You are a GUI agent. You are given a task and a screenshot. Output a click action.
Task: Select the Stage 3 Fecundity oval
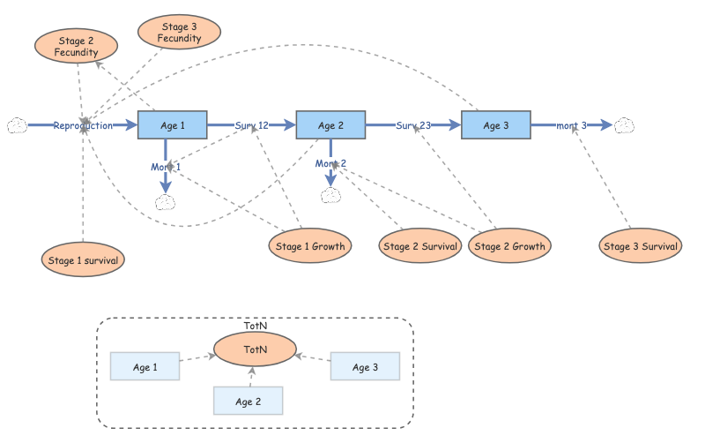[179, 33]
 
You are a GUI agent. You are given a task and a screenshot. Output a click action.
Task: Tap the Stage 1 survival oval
[82, 259]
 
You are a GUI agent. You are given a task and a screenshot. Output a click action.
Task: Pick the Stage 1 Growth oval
[310, 246]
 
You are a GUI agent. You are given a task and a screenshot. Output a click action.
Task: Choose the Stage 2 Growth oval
[509, 246]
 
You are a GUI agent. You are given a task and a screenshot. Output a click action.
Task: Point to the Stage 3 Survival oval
[641, 246]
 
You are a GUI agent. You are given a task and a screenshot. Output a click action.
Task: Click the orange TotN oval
[256, 349]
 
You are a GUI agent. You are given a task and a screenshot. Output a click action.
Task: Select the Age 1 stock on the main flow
[173, 125]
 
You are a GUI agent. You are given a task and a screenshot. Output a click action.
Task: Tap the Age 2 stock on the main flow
[330, 125]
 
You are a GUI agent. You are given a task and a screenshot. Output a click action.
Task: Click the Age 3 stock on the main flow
[496, 125]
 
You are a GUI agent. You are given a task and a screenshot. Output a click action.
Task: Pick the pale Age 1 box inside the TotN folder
[145, 366]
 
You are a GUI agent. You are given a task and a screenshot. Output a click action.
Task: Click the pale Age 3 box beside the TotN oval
[365, 366]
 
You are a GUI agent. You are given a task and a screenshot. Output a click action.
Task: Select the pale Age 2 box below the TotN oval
[249, 401]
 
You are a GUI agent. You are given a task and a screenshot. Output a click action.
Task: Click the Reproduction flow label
[83, 125]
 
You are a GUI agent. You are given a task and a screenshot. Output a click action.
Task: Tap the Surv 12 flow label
[252, 125]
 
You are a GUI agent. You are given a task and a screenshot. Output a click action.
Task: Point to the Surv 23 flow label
[413, 125]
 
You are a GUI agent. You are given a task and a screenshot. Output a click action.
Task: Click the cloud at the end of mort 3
[626, 125]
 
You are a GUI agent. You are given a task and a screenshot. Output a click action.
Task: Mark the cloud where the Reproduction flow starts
[17, 125]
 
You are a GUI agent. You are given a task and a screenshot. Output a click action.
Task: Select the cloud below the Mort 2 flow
[330, 195]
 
